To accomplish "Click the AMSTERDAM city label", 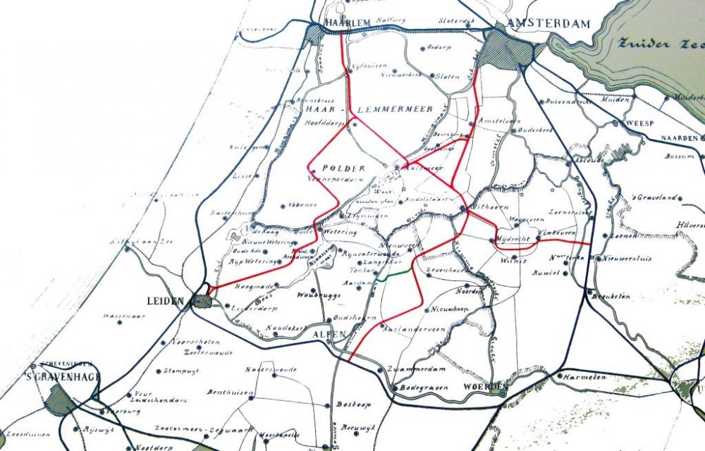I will tap(548, 23).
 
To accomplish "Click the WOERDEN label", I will tap(486, 388).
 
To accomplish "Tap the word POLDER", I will tap(343, 169).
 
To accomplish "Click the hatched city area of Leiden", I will tap(202, 302).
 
